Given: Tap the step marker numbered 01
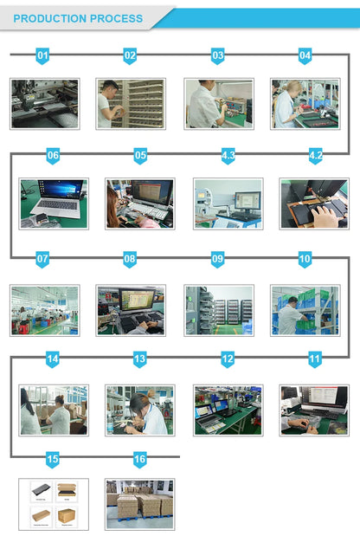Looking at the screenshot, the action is tap(42, 55).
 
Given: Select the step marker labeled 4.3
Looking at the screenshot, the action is tap(228, 156).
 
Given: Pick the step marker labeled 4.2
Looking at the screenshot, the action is tap(316, 156).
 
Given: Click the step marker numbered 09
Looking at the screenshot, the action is tap(217, 259).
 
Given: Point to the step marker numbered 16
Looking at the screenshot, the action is tap(139, 459).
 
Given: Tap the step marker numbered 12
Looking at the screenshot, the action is tap(228, 359).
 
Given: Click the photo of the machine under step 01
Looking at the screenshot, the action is tap(45, 104).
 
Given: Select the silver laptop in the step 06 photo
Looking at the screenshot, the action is tap(56, 200).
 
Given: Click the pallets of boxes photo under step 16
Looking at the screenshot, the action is tap(140, 504).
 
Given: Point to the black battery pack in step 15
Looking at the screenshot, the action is tap(41, 490).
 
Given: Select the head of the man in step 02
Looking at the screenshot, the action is tap(110, 88).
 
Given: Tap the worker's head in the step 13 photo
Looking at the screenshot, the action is tap(139, 402).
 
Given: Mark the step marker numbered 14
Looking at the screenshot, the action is tap(52, 359).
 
